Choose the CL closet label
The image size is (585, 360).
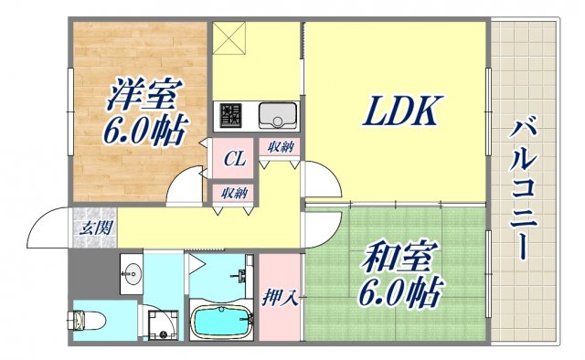(x=234, y=159)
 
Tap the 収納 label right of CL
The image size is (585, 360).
(x=281, y=147)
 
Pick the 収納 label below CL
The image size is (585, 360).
(x=233, y=193)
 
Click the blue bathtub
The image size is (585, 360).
(x=222, y=323)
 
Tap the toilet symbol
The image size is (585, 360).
(x=90, y=321)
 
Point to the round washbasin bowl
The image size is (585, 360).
(x=131, y=272)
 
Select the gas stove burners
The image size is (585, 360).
(x=229, y=115)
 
